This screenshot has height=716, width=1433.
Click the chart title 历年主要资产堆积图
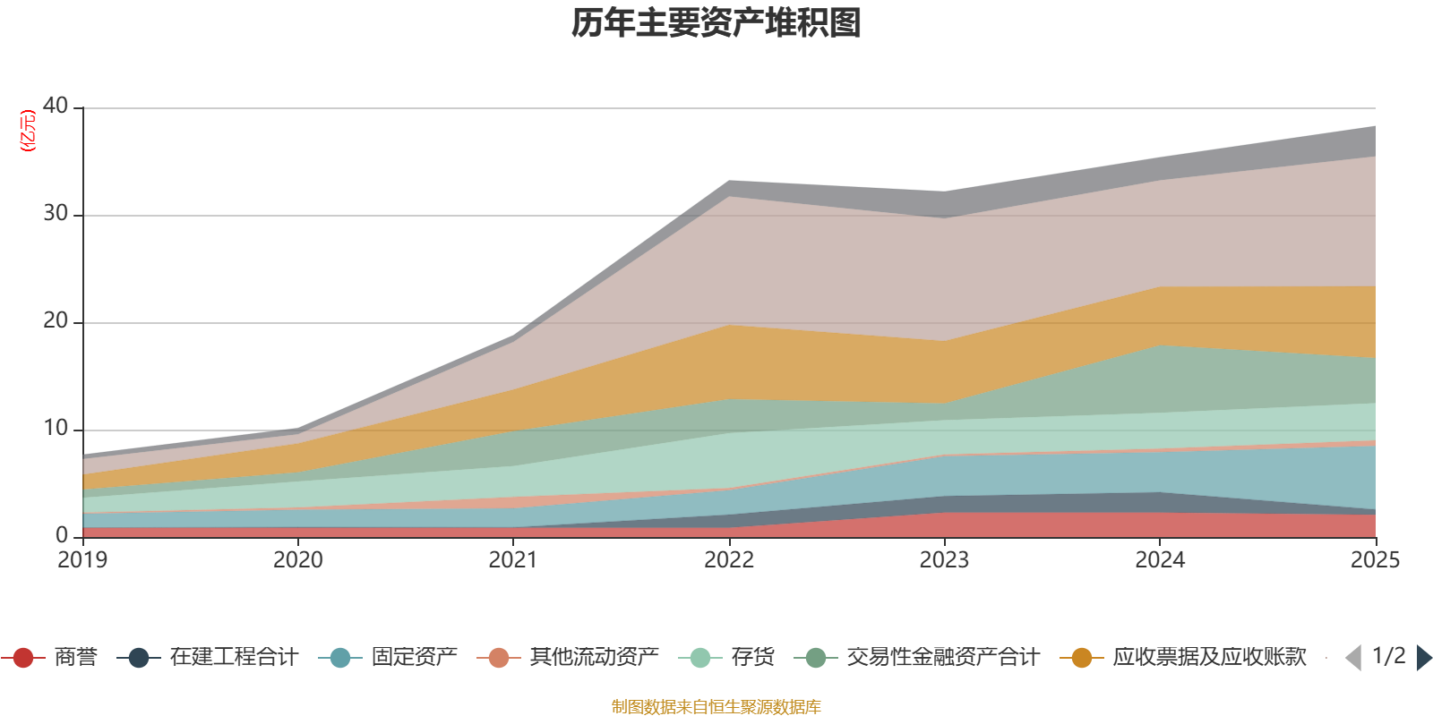coord(716,23)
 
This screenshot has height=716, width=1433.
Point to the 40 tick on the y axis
coord(56,106)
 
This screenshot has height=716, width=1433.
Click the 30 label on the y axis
coord(56,213)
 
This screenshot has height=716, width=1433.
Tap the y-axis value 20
coord(56,320)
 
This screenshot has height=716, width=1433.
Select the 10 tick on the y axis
coord(56,428)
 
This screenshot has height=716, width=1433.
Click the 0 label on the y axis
coord(62,535)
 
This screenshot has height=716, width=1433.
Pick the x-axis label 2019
coord(82,560)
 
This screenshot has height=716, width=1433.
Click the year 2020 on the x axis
coord(297,560)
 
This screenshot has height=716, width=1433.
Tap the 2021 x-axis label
coord(513,560)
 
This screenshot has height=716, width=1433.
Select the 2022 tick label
coord(729,560)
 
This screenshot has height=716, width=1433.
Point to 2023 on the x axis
coord(944,560)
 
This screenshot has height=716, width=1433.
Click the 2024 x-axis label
coord(1160,560)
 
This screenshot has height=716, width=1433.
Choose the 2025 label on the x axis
coord(1375,560)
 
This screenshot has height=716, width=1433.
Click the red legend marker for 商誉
coord(23,658)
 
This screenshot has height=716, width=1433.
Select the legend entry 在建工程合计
coord(233,658)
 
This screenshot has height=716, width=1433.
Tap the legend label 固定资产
coord(414,658)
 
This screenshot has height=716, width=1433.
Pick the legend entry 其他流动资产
coord(594,658)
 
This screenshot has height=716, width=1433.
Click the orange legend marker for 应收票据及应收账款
coord(1082,658)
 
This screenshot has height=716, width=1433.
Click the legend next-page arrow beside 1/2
coord(1424,658)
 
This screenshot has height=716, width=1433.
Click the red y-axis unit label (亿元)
coord(28,131)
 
